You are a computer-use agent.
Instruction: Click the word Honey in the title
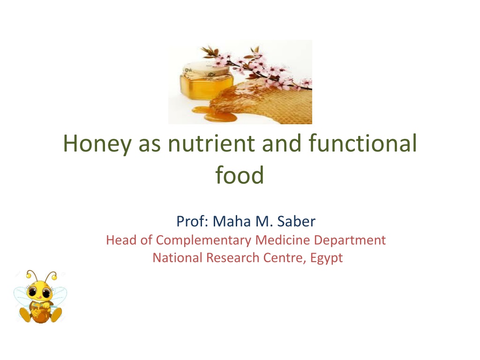(97, 144)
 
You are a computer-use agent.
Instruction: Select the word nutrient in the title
(211, 143)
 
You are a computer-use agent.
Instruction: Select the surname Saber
(296, 221)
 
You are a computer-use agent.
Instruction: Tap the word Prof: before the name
(192, 221)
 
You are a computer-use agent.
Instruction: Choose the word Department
(350, 240)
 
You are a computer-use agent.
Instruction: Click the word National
(178, 258)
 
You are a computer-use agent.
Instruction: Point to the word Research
(232, 258)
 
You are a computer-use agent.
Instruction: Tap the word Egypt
(326, 258)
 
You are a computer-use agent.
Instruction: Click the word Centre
(285, 258)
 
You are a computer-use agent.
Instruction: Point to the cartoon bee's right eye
(46, 293)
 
